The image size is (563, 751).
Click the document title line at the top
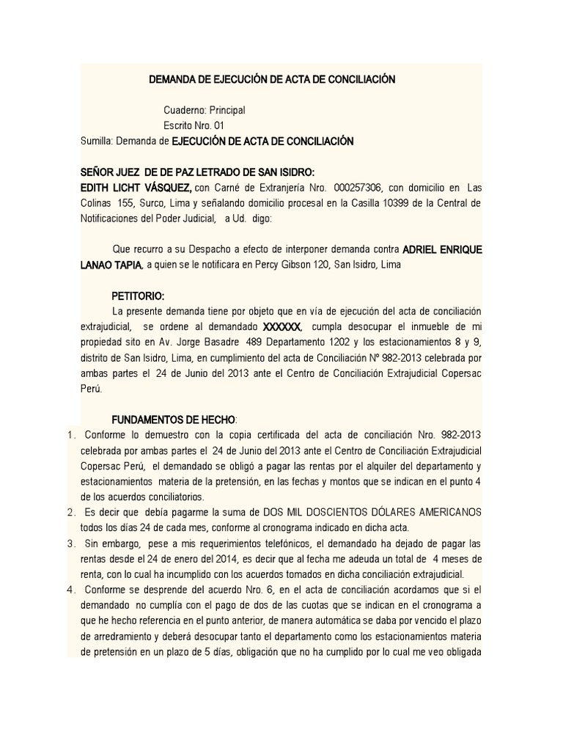[x=272, y=79]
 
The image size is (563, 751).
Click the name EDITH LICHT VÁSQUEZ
[x=136, y=187]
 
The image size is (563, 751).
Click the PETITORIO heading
[x=138, y=296]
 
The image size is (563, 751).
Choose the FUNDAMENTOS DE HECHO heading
[x=173, y=419]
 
